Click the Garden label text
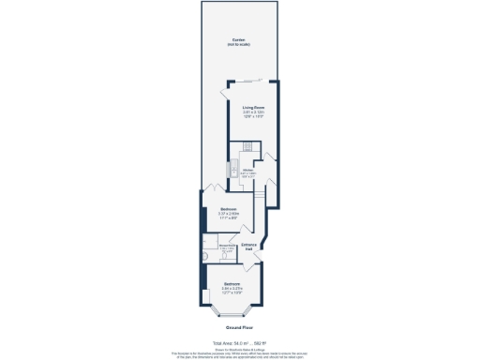coord(239,39)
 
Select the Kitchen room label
coord(247,170)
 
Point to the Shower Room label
coord(226,246)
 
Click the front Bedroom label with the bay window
coord(232,281)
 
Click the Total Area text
coord(239,344)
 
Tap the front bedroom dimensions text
coord(232,290)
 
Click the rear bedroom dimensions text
coord(229,216)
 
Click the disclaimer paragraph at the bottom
coord(239,353)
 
